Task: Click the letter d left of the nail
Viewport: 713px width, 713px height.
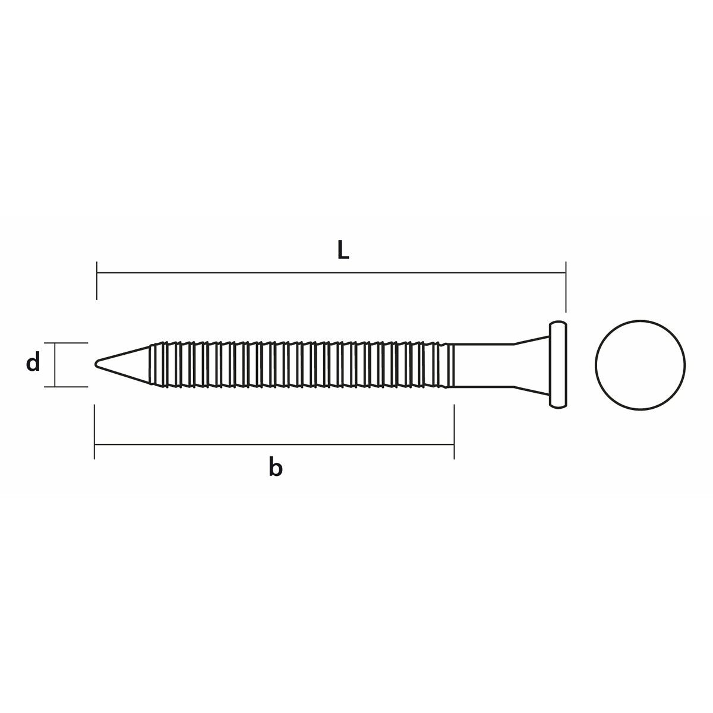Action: click(x=33, y=361)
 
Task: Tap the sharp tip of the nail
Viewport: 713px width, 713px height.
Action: click(x=96, y=364)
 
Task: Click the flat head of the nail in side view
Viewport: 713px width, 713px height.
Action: click(x=558, y=364)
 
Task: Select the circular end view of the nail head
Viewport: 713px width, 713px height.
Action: click(x=640, y=365)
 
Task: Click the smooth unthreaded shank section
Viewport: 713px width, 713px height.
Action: click(x=483, y=365)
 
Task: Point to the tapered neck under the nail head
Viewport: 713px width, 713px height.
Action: click(x=531, y=365)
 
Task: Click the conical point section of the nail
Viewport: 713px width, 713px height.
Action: click(x=123, y=364)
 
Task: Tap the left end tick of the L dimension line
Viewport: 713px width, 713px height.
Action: click(x=97, y=280)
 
